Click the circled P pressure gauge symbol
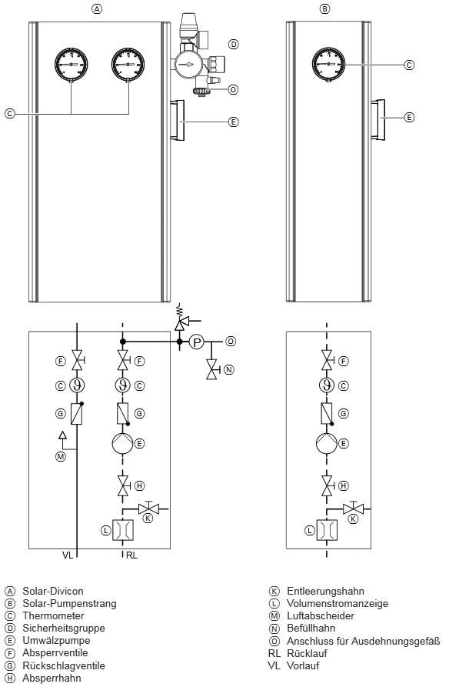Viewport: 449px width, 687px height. point(196,342)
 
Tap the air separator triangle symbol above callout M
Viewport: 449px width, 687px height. point(62,435)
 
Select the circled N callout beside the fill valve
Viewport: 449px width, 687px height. point(228,370)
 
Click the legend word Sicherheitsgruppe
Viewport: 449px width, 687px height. point(64,629)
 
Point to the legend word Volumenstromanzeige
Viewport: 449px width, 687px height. point(338,604)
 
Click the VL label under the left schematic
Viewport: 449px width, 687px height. point(68,555)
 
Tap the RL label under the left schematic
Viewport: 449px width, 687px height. point(131,555)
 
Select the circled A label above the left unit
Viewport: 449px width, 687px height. point(97,8)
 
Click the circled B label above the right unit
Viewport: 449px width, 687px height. point(324,8)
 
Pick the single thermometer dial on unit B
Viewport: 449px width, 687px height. point(328,65)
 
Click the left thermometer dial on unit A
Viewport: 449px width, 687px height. point(72,65)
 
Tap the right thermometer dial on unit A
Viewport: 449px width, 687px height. point(128,65)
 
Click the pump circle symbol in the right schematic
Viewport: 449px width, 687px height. point(326,443)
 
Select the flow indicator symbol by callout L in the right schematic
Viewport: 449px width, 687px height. point(327,531)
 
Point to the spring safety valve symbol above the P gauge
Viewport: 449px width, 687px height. point(179,319)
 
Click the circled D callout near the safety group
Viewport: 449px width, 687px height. point(234,44)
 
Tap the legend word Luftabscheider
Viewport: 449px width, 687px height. point(321,616)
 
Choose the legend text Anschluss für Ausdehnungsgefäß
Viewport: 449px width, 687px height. point(363,642)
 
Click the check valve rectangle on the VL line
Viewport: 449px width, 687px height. point(77,414)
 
